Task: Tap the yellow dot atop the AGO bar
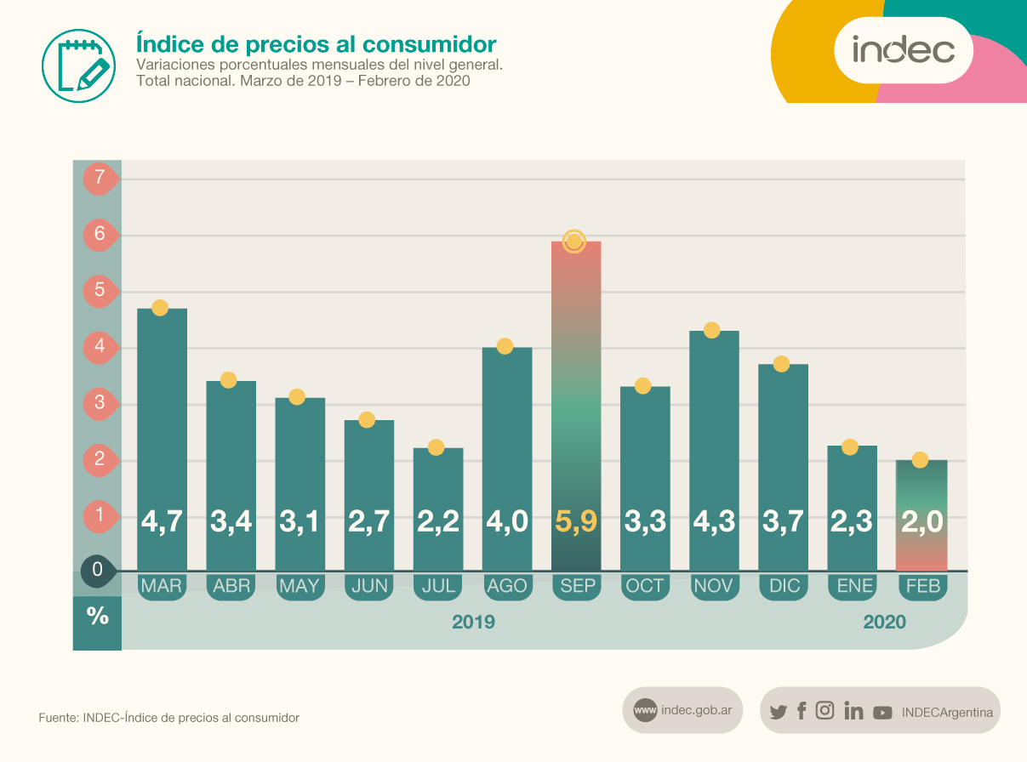[505, 346]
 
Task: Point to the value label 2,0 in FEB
[922, 521]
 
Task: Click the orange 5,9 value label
[576, 521]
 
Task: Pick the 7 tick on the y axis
[100, 179]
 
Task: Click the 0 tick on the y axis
[97, 571]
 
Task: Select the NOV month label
[714, 586]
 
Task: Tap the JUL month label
[438, 586]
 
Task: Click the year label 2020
[885, 623]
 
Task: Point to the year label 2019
[473, 623]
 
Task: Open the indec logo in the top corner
[904, 50]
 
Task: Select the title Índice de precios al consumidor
[316, 43]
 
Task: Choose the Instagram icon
[824, 711]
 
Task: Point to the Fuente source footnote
[169, 718]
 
